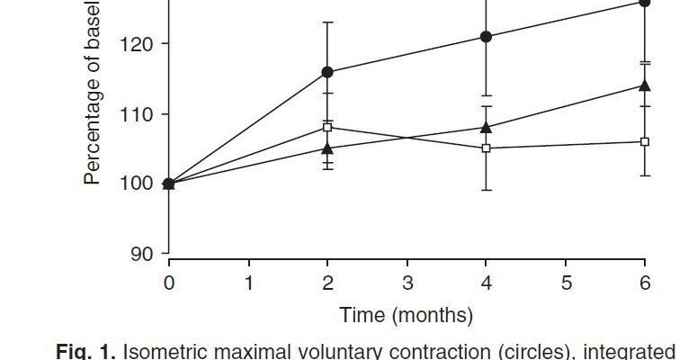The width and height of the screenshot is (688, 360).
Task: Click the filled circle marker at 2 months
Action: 327,72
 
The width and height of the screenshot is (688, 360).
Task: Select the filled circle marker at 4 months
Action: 487,37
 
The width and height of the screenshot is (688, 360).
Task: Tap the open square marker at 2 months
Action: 327,127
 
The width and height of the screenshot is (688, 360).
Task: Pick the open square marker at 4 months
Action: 487,148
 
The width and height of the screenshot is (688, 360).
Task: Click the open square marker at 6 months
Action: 645,141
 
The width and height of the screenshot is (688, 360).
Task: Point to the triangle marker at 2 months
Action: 327,148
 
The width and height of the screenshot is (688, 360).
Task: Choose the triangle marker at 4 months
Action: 487,127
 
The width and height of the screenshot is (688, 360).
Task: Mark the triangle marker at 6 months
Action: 645,85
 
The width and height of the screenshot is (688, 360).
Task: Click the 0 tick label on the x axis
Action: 169,283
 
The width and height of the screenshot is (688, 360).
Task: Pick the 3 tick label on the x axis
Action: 407,283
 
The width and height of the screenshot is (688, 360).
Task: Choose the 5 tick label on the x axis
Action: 566,283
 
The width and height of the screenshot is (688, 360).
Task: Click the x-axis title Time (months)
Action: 407,315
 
